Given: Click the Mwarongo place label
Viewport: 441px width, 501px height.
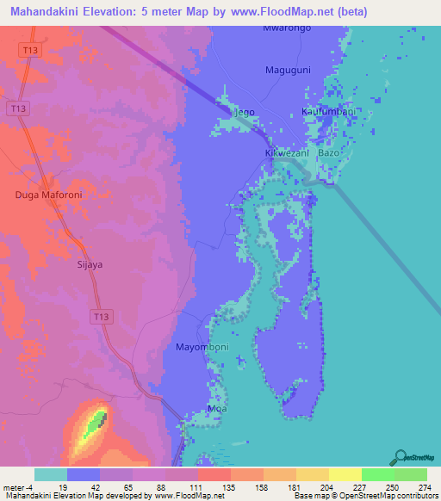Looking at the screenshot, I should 287,28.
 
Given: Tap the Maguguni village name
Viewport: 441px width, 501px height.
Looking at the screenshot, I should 289,70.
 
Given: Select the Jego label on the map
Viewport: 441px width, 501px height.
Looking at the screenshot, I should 245,112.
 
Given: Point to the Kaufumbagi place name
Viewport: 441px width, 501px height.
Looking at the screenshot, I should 328,112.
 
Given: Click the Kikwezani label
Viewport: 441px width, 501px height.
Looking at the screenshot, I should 285,152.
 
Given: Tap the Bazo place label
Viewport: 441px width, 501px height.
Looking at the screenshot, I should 329,152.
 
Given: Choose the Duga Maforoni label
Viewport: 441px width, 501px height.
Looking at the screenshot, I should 48,195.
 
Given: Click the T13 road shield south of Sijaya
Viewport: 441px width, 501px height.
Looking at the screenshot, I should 101,318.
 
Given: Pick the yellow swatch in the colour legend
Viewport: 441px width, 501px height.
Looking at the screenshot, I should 345,474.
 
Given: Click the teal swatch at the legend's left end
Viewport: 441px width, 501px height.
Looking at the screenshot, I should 51,474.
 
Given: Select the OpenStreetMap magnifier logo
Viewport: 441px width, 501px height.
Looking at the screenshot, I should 401,457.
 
